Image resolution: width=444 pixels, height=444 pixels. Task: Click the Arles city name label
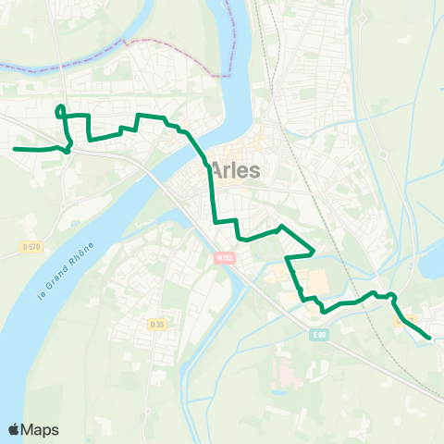tap(237, 170)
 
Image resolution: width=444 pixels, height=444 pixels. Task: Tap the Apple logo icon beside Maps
tap(15, 429)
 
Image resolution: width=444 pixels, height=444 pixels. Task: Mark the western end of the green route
tap(15, 148)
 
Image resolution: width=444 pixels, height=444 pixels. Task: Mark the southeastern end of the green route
tap(429, 339)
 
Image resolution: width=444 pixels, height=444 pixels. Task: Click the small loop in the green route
tap(61, 111)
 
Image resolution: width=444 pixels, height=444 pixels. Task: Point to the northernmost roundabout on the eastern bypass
tap(363, 18)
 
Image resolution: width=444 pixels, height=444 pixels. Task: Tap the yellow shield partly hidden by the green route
tap(401, 322)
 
